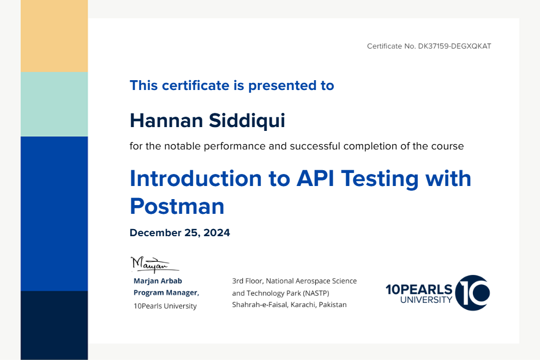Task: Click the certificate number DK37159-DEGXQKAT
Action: [x=454, y=46]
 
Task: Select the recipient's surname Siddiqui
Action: [x=247, y=121]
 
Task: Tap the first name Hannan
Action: [x=166, y=121]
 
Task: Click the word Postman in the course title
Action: [x=177, y=206]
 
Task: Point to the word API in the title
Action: [x=315, y=178]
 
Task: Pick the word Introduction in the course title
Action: [x=196, y=178]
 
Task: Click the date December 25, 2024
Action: [x=180, y=233]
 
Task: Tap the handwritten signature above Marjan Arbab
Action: [x=154, y=265]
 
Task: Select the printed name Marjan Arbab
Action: [x=158, y=281]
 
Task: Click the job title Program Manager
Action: [x=166, y=293]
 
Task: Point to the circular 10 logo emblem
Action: [x=472, y=293]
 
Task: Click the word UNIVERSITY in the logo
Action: [x=426, y=300]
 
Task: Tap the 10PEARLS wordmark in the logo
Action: [x=419, y=290]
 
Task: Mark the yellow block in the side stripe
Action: [x=54, y=36]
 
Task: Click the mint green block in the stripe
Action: [x=54, y=104]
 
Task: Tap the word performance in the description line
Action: [x=235, y=146]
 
